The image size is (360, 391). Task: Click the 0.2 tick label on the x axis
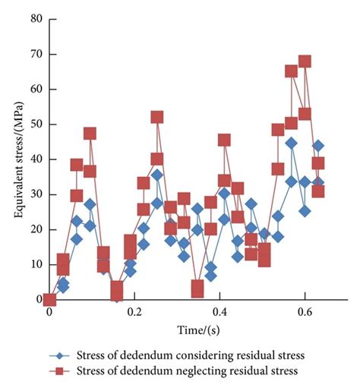click(x=134, y=312)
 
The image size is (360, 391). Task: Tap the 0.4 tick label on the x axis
click(x=219, y=312)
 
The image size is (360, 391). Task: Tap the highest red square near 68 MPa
click(x=305, y=61)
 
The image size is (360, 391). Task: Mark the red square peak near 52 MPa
click(x=156, y=117)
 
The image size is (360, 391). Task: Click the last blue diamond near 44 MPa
click(x=317, y=146)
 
